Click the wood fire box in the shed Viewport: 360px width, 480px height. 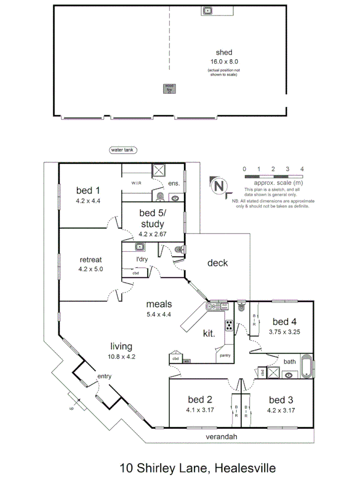coord(169,89)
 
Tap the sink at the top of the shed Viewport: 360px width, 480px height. coord(208,11)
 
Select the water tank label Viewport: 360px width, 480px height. coord(121,150)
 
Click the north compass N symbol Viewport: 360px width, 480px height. coord(218,186)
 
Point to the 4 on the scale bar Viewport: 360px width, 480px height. coord(302,169)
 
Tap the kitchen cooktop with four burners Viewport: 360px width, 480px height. coord(228,325)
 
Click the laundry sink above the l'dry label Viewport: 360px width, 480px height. coord(140,247)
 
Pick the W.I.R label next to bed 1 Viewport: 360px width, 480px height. coord(136,183)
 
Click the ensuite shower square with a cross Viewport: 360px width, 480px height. coord(159,171)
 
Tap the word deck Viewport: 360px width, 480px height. coord(218,263)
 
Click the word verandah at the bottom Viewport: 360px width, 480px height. coord(221,437)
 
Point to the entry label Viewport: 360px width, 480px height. coord(103,377)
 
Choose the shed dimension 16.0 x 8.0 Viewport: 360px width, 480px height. coord(223,61)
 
